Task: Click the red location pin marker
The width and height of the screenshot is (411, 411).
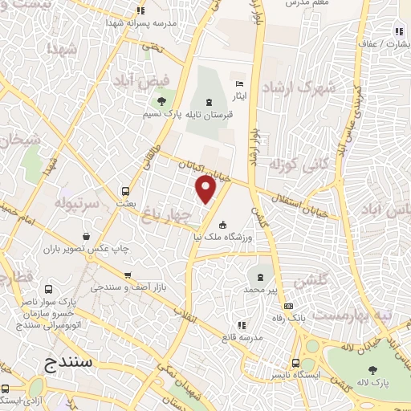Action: pos(206,189)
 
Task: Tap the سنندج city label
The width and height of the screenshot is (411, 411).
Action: pos(70,363)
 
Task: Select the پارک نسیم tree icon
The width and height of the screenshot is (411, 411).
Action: pos(162,102)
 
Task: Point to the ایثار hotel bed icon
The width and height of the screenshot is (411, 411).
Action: pos(238,84)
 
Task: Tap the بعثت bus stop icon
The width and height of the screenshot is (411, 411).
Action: pos(125,191)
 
